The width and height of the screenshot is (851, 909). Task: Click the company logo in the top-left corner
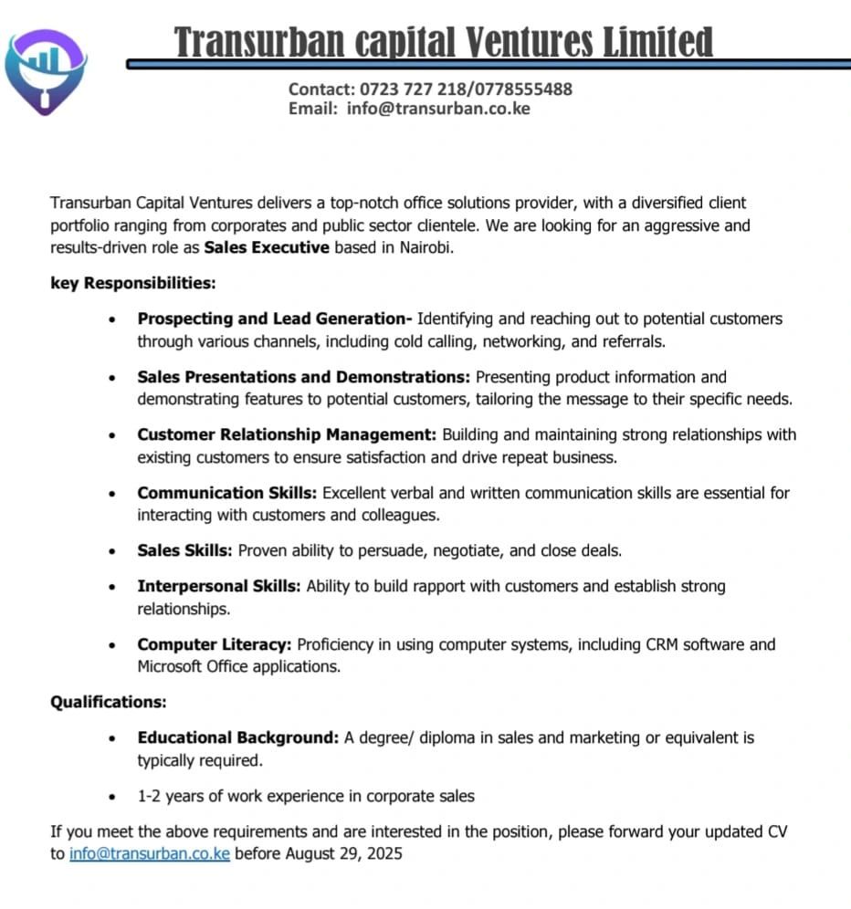46,71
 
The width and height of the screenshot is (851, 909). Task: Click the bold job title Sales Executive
267,247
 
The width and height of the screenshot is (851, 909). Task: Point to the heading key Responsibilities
132,283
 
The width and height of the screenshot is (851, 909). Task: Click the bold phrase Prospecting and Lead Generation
275,319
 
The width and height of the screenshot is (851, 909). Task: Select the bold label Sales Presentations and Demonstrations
304,377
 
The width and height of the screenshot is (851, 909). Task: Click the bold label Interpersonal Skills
218,586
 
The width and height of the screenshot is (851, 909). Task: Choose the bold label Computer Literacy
215,644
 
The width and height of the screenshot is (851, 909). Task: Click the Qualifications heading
108,702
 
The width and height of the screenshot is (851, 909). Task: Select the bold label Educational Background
238,737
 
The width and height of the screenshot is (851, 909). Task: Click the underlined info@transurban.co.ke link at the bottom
150,854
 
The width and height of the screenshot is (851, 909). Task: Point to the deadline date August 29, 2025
344,854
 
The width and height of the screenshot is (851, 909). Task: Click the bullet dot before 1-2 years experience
111,797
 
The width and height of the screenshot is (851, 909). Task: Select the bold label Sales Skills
185,550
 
